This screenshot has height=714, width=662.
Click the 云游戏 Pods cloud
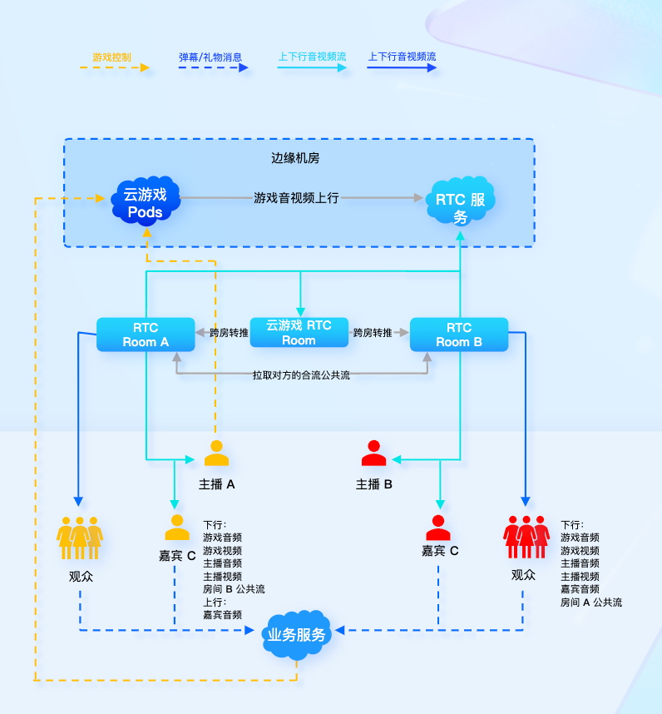pos(146,203)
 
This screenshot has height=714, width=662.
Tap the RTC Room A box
pos(146,335)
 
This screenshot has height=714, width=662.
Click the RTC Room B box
pos(459,335)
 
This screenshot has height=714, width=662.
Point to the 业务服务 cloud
pos(297,634)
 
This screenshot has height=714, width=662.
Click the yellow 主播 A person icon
pos(216,454)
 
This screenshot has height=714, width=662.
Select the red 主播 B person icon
pos(374,454)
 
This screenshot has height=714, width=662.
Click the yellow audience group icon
pos(80,538)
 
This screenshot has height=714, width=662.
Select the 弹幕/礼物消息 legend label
pos(210,57)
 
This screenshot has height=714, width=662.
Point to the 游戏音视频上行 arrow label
pos(297,198)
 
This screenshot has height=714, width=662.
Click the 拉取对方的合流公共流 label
pos(301,375)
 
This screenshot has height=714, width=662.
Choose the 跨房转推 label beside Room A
pos(229,333)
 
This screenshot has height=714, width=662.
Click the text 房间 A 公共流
pos(591,602)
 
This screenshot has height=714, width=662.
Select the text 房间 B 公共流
pos(234,589)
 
